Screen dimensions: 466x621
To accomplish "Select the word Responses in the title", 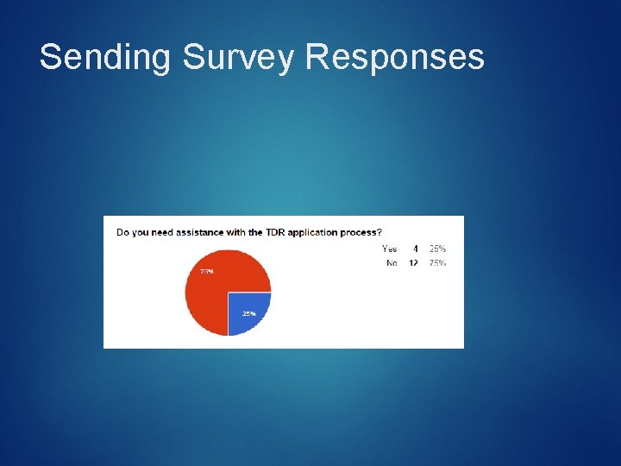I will pyautogui.click(x=395, y=57).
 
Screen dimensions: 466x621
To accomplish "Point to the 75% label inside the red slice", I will pyautogui.click(x=207, y=271).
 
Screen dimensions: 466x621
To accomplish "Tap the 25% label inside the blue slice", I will pyautogui.click(x=248, y=314).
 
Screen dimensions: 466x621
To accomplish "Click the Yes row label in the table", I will pyautogui.click(x=390, y=249).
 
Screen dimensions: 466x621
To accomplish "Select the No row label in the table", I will pyautogui.click(x=392, y=263).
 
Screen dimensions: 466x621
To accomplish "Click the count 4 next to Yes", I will pyautogui.click(x=415, y=249).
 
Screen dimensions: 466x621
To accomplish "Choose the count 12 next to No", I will pyautogui.click(x=413, y=263).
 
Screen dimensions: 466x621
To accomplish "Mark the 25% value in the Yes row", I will pyautogui.click(x=437, y=249).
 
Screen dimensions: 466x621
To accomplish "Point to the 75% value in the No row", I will pyautogui.click(x=437, y=263).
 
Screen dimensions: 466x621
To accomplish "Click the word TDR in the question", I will pyautogui.click(x=277, y=232).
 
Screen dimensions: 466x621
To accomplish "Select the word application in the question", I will pyautogui.click(x=318, y=232).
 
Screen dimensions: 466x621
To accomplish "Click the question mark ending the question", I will pyautogui.click(x=380, y=232).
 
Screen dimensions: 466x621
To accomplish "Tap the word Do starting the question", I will pyautogui.click(x=122, y=232).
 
